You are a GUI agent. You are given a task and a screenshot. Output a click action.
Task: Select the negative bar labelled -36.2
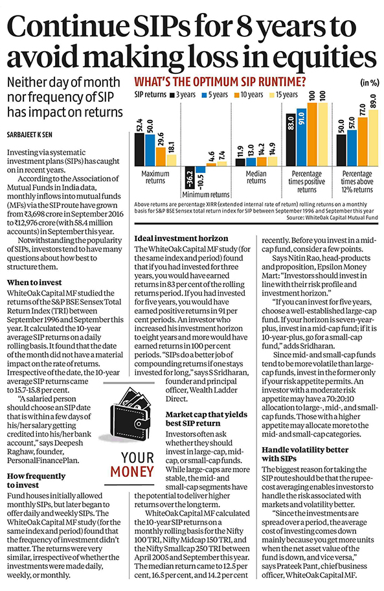point(190,177)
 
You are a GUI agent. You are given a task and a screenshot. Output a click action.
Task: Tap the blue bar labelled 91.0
point(302,137)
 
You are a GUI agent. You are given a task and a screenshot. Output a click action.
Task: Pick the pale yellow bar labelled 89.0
point(374,138)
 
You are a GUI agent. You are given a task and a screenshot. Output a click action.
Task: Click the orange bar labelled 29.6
point(161,157)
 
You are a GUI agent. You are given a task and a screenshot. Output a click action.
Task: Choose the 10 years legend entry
point(249,95)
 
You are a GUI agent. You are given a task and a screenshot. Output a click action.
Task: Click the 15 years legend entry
point(284,95)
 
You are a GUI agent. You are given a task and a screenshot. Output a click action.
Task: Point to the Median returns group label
point(256,177)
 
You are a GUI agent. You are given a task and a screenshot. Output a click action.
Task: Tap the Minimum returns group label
point(205,194)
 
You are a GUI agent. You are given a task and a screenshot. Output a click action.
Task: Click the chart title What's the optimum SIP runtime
point(220,82)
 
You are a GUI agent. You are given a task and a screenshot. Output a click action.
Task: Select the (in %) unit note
point(370,83)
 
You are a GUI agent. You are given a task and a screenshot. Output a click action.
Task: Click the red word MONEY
point(132,472)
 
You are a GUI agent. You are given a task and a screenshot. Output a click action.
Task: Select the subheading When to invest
point(34,283)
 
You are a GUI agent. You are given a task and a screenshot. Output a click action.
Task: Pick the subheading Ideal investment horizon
point(181,238)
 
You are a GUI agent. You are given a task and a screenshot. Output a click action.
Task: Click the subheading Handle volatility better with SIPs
point(305,454)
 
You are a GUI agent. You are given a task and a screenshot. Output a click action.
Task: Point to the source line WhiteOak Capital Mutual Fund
point(332,218)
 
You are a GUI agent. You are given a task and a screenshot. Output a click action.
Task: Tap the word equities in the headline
point(327,57)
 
